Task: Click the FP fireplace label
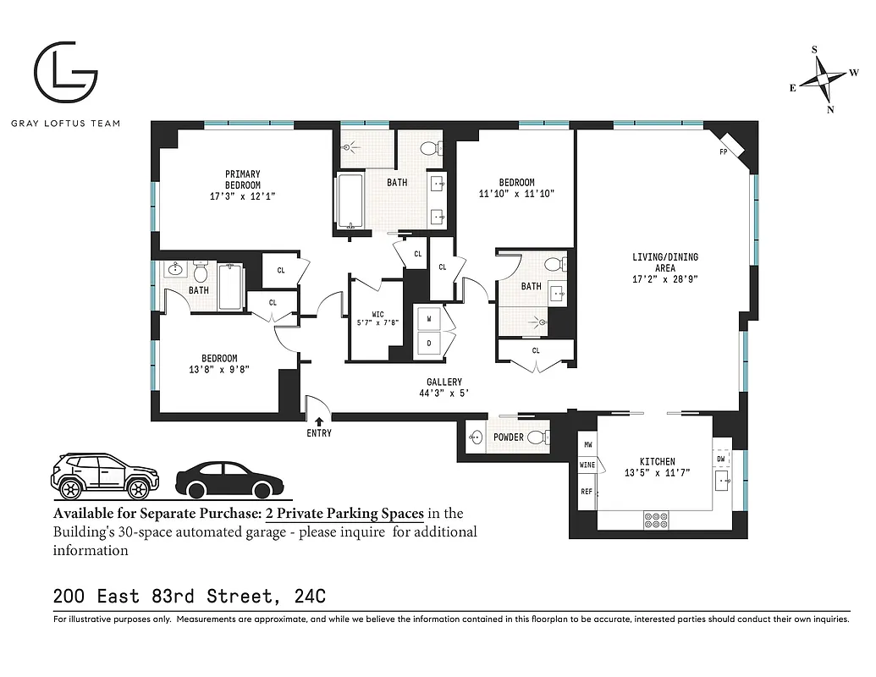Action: click(724, 152)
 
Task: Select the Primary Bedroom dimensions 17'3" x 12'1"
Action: click(242, 195)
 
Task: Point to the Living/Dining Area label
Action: click(664, 257)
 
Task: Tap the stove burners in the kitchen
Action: click(656, 519)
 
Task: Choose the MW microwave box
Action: click(587, 444)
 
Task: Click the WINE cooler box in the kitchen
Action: click(587, 465)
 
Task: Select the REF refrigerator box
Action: click(587, 492)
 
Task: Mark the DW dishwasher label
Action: click(720, 459)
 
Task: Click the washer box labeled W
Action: click(429, 319)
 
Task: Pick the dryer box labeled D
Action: click(429, 344)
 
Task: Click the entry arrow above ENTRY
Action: click(319, 420)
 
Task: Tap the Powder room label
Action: click(508, 438)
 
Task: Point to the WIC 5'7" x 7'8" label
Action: click(377, 318)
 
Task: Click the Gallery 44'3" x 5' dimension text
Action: click(444, 393)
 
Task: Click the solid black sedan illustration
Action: click(228, 480)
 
